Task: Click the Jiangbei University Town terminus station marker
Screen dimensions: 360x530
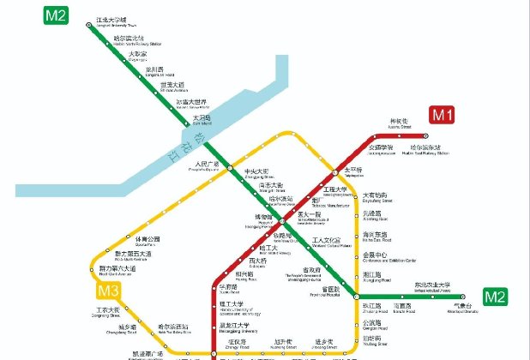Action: pyautogui.click(x=88, y=25)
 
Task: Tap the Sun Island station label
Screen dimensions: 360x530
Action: pyautogui.click(x=202, y=119)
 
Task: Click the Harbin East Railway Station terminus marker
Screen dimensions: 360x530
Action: pyautogui.click(x=425, y=135)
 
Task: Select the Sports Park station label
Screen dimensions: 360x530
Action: pyautogui.click(x=148, y=241)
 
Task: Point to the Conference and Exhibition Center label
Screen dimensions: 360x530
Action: pyautogui.click(x=388, y=257)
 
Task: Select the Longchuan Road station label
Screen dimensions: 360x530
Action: pyautogui.click(x=154, y=71)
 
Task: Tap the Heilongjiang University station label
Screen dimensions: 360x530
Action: pyautogui.click(x=233, y=327)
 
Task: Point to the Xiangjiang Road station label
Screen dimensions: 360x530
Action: pyautogui.click(x=375, y=279)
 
